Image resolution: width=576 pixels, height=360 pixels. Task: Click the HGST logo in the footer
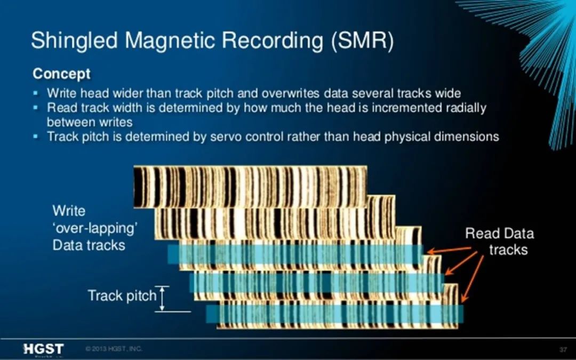(43, 349)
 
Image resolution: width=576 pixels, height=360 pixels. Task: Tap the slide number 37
(563, 349)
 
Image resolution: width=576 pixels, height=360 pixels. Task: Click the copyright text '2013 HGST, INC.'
(114, 349)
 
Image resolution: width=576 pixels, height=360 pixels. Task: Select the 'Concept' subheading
(61, 74)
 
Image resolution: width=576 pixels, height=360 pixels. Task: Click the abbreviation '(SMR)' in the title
(362, 41)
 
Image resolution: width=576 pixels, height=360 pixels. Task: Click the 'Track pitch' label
(122, 295)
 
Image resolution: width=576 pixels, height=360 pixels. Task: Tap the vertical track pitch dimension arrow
(162, 299)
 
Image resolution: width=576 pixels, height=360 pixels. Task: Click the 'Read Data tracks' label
(500, 242)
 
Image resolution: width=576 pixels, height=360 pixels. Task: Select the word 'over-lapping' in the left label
(95, 228)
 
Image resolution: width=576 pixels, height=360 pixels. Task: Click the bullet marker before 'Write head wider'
(36, 93)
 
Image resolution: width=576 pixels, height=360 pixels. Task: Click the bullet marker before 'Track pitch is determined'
(36, 137)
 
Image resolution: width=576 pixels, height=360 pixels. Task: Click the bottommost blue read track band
(334, 314)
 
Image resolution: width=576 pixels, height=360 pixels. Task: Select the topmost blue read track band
(295, 254)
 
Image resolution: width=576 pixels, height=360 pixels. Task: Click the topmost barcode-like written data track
(250, 187)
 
